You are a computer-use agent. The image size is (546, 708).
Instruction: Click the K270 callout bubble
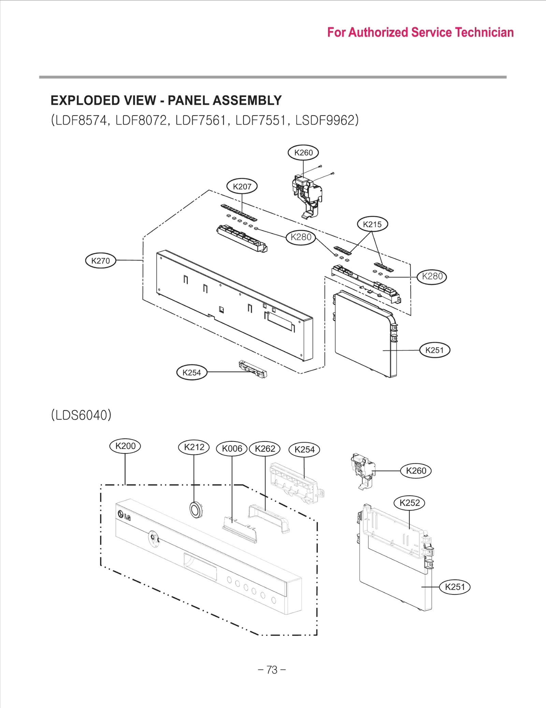coord(100,261)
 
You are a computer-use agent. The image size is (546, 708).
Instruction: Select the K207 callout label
coord(242,186)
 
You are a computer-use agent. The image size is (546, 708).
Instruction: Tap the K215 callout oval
coord(372,224)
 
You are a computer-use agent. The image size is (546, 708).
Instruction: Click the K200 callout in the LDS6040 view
coord(125,446)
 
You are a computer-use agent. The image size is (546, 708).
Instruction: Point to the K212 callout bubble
coord(194,447)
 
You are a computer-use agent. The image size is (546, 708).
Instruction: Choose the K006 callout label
coord(232,449)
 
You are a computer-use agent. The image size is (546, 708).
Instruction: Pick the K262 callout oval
coord(265,449)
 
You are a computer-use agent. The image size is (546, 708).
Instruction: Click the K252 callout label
coord(409,503)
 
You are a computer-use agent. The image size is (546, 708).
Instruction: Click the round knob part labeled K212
coord(195,510)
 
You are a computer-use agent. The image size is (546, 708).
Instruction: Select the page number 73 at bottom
coord(272,670)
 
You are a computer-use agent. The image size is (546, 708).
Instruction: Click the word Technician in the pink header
coord(484,32)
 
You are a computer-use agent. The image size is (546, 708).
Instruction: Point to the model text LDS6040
coord(81,415)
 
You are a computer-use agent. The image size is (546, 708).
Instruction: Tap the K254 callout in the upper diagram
coord(192,372)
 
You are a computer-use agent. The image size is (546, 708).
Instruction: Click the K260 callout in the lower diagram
coord(416,471)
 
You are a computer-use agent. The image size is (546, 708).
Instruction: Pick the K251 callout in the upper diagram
coord(434,350)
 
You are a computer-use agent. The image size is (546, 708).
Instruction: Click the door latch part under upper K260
coord(306,195)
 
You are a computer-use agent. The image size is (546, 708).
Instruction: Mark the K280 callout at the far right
coord(432,276)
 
